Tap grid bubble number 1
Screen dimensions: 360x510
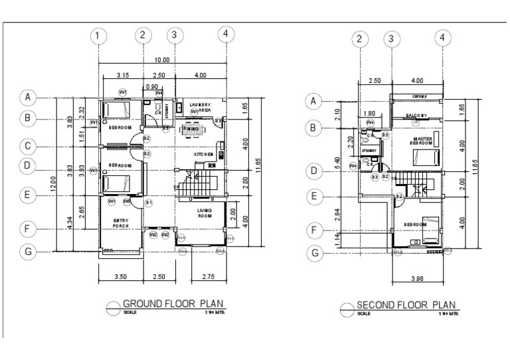click(98, 35)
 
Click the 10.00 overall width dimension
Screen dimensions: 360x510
click(162, 60)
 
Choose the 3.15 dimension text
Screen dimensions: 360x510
click(122, 75)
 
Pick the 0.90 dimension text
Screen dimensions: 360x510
click(151, 87)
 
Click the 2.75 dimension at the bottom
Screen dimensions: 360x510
click(208, 275)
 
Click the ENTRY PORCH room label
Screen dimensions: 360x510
click(121, 223)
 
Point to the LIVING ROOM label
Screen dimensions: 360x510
click(204, 213)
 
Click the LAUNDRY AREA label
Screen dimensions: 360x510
click(200, 108)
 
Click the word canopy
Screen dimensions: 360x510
click(418, 96)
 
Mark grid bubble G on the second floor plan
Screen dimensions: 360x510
click(315, 252)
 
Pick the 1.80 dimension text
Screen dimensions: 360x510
click(371, 114)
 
